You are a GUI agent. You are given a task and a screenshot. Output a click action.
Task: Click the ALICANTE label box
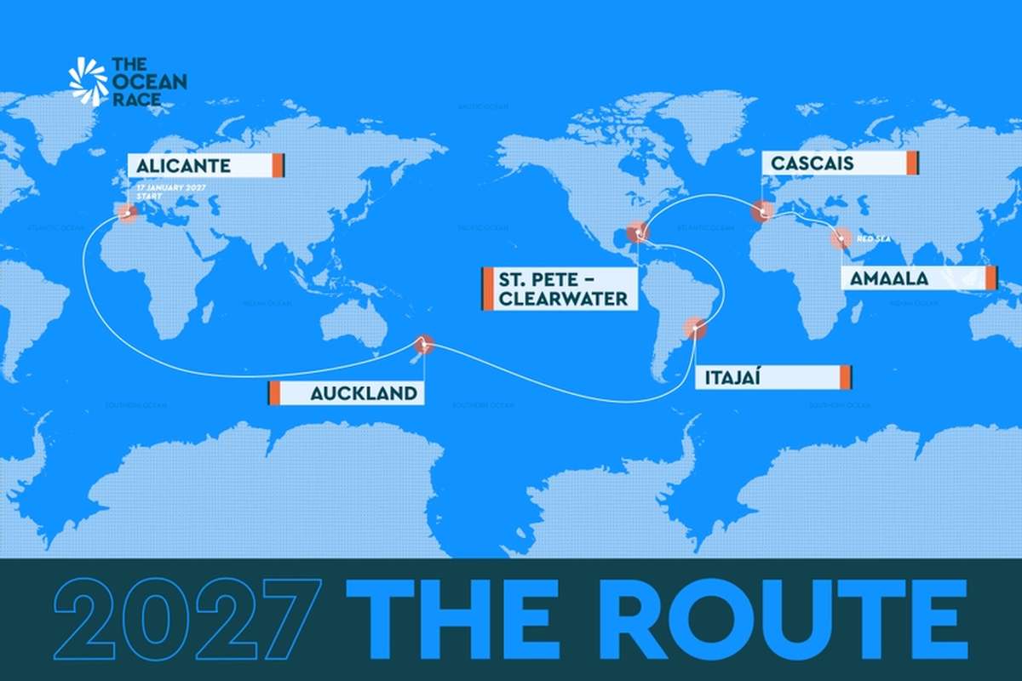(205, 164)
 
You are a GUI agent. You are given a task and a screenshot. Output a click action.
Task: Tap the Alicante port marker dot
(128, 213)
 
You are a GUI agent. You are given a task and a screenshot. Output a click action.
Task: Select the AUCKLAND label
(344, 392)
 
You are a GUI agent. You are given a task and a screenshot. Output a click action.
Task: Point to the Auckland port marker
(422, 344)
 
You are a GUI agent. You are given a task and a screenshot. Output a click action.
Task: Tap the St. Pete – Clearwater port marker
(636, 232)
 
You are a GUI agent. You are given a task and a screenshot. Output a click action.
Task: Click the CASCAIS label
(840, 163)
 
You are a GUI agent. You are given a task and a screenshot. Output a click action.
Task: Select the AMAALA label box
(918, 278)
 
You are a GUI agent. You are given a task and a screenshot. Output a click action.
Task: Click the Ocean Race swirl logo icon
(89, 82)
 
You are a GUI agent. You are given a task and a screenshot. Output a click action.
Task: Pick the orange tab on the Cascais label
(912, 163)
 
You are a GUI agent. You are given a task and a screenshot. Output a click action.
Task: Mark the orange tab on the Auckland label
(274, 392)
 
